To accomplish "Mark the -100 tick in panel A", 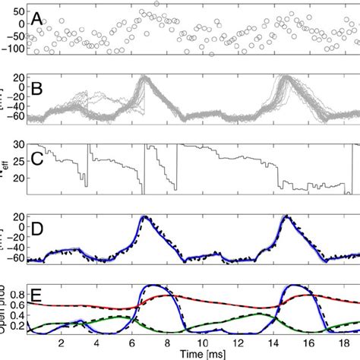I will [11, 49].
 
